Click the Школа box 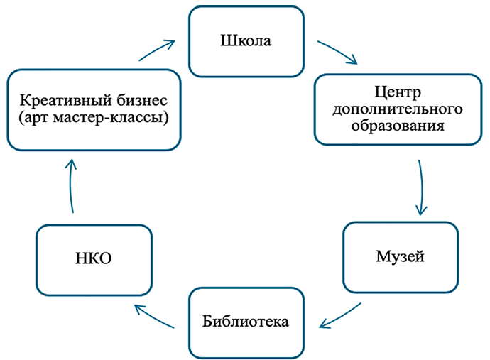coord(245,41)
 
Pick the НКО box coord(93,259)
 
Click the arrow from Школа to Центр coord(337,54)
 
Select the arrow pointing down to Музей coord(422,188)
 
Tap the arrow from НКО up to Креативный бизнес coord(72,185)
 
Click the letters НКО coord(93,260)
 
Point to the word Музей coord(401,256)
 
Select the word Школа coord(245,41)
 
